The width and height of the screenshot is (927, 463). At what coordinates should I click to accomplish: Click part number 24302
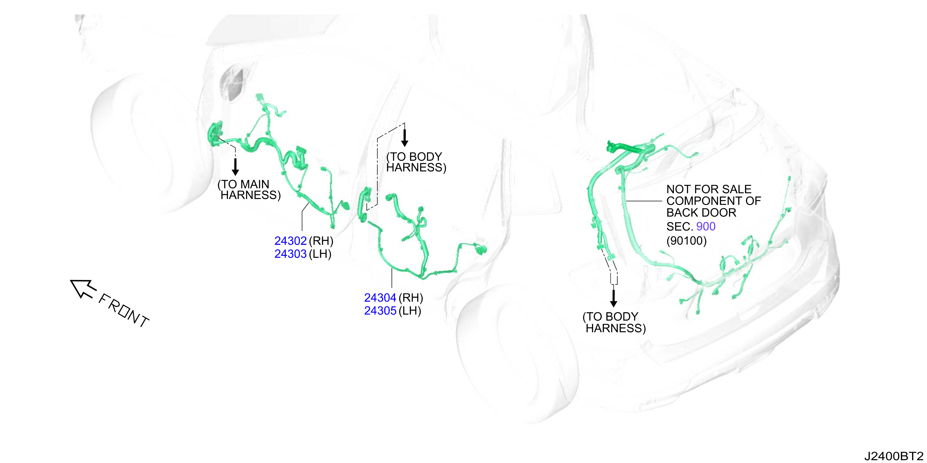pyautogui.click(x=290, y=241)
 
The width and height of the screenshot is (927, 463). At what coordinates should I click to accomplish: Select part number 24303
pyautogui.click(x=290, y=254)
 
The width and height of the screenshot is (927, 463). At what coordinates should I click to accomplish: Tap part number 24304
pyautogui.click(x=380, y=298)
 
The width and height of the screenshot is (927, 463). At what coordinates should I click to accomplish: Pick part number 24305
pyautogui.click(x=380, y=310)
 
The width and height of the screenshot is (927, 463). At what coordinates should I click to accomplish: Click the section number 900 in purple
pyautogui.click(x=706, y=227)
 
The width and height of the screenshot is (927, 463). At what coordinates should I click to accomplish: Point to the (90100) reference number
pyautogui.click(x=687, y=241)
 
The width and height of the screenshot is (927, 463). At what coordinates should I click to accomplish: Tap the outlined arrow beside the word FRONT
pyautogui.click(x=83, y=289)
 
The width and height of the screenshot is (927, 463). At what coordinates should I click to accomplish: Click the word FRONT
pyautogui.click(x=124, y=310)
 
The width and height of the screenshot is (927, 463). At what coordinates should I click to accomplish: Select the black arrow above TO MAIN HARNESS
pyautogui.click(x=235, y=167)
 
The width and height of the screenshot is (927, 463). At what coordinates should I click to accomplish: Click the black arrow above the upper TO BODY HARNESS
pyautogui.click(x=404, y=138)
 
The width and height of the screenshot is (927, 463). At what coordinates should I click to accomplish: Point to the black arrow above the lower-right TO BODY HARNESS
pyautogui.click(x=613, y=298)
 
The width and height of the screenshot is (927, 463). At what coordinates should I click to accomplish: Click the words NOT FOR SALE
pyautogui.click(x=709, y=189)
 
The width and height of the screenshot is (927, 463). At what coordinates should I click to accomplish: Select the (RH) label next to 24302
pyautogui.click(x=321, y=241)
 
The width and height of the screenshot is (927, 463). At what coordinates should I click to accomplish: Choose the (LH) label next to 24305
pyautogui.click(x=409, y=310)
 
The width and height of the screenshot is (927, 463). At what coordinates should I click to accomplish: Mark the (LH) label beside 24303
pyautogui.click(x=320, y=254)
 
